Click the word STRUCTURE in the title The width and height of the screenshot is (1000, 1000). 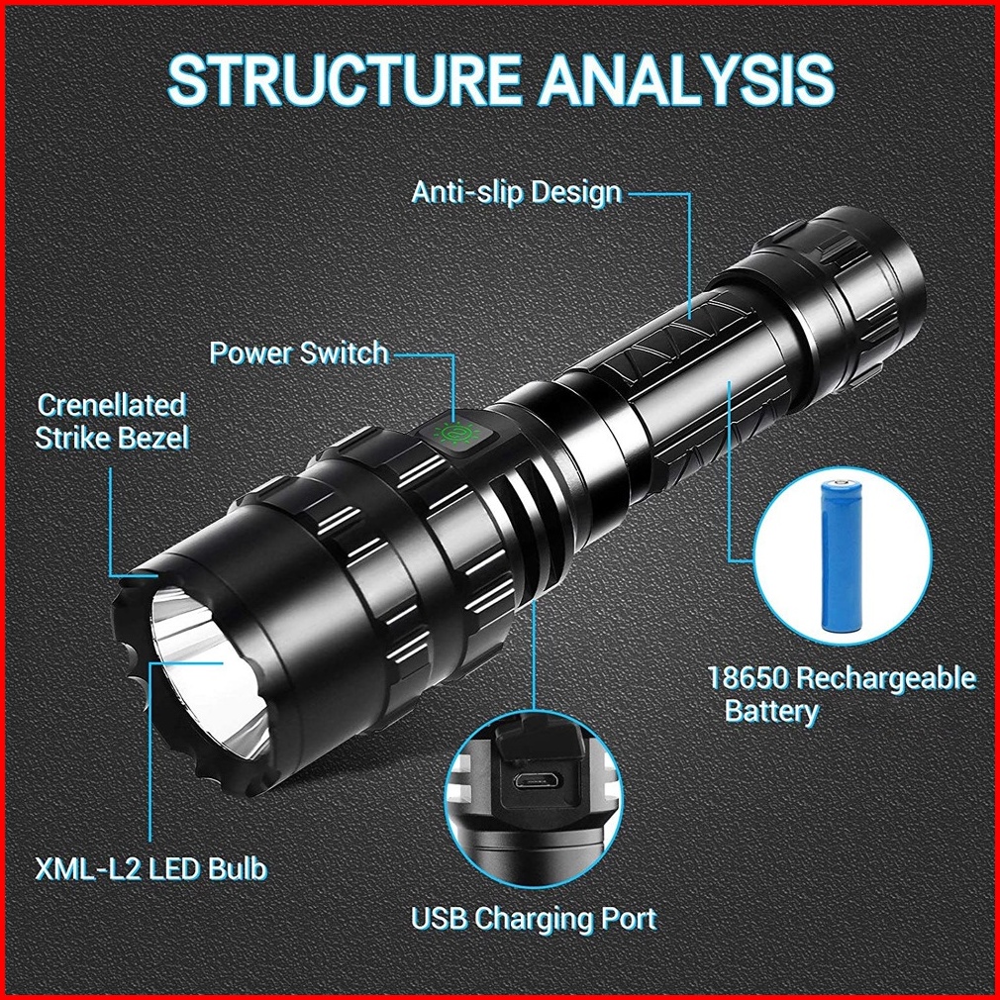point(345,79)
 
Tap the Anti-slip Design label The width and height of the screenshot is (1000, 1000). point(517,192)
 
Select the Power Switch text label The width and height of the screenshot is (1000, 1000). point(299,352)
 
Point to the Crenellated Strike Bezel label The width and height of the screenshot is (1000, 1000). point(112,422)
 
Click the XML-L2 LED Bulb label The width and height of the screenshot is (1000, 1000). point(151,868)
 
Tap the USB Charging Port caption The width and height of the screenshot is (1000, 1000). point(534,919)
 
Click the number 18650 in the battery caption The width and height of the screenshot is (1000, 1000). point(749,678)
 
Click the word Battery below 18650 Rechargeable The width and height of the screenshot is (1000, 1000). point(771,711)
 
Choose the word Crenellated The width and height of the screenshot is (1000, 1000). point(112,405)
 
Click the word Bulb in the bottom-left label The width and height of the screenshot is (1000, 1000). point(236,868)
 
